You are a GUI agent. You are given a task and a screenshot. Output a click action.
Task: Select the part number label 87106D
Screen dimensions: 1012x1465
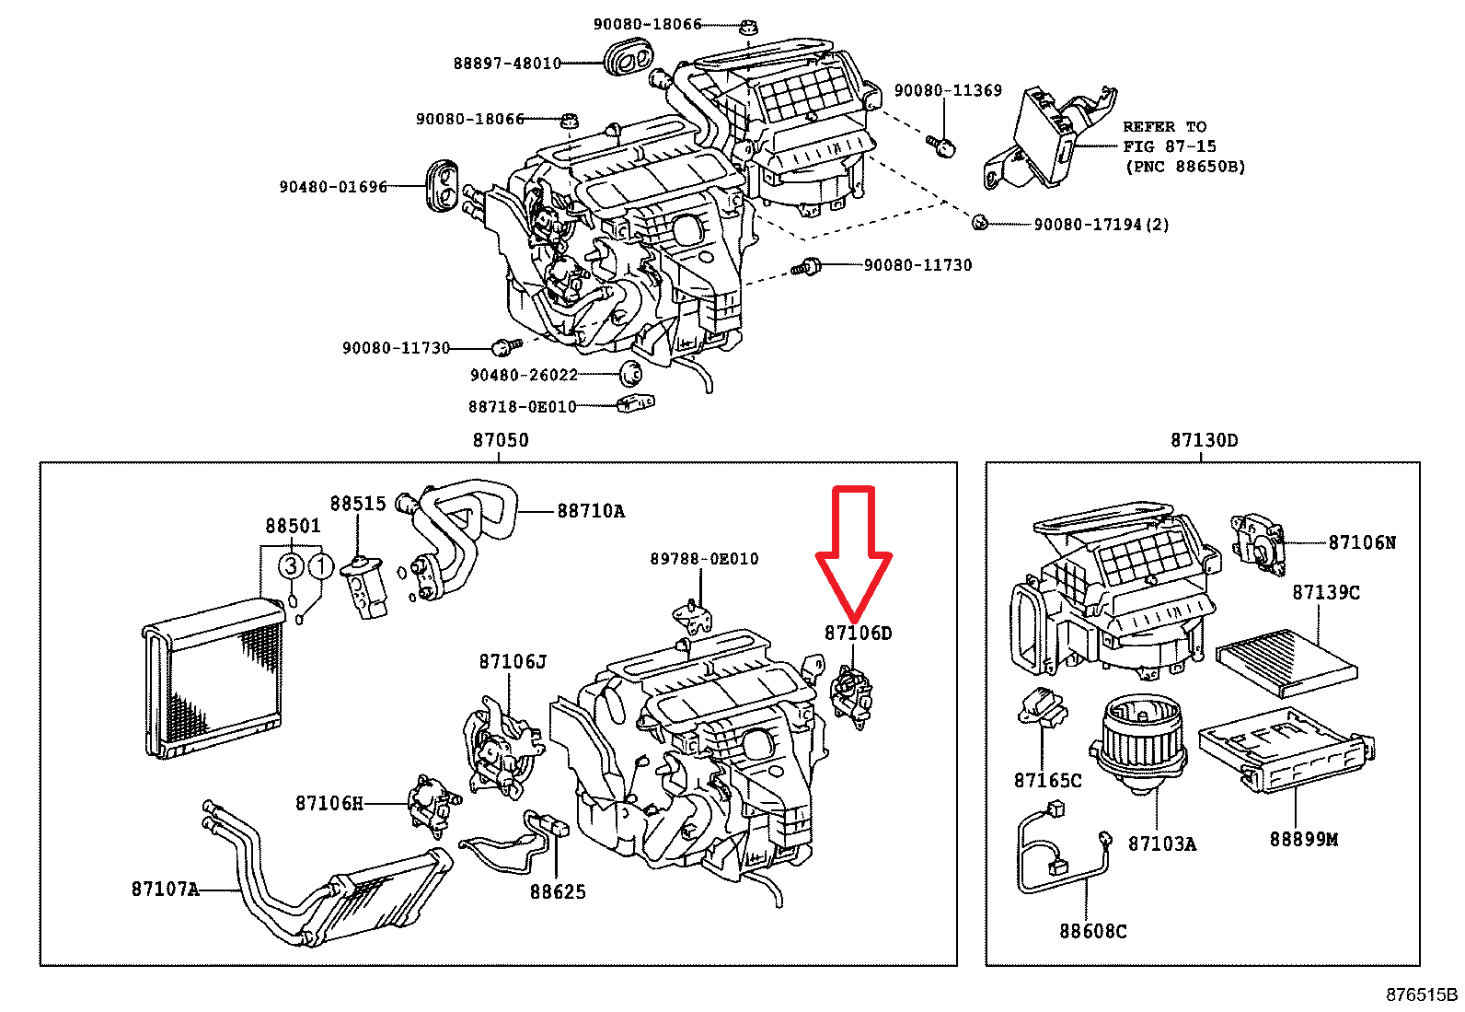click(x=858, y=634)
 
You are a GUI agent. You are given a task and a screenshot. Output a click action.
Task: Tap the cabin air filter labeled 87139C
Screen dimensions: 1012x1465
click(x=1286, y=663)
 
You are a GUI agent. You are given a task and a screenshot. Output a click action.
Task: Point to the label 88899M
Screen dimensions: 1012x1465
click(x=1303, y=839)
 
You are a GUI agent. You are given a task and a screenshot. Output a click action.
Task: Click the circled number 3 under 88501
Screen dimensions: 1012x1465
click(x=291, y=565)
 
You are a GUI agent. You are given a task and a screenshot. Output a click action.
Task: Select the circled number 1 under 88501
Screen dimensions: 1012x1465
click(x=320, y=565)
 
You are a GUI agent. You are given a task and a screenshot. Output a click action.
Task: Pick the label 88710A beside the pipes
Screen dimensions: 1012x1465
click(x=591, y=511)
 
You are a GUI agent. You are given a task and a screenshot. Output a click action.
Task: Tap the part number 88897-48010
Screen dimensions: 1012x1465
click(x=507, y=64)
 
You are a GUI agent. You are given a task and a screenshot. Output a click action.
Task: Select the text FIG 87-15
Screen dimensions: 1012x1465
click(x=1169, y=146)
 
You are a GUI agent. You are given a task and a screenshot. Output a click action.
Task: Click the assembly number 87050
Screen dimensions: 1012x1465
click(x=501, y=440)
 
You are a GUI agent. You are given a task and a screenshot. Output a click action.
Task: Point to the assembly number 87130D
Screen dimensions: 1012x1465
click(x=1204, y=440)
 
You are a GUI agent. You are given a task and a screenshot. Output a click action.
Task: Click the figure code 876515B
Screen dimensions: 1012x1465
click(x=1422, y=995)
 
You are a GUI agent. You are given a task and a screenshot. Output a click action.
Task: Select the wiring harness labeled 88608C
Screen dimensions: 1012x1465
click(x=1058, y=852)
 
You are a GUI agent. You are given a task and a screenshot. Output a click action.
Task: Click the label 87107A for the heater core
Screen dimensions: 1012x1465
click(x=165, y=889)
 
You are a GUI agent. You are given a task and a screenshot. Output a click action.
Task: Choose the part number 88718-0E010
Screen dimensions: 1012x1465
click(x=522, y=406)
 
